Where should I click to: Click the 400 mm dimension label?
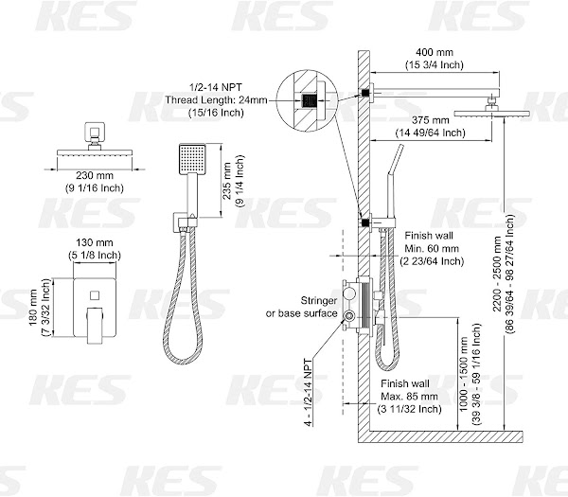[435, 52]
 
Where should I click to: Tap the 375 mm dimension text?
[431, 120]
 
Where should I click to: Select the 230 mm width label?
[95, 176]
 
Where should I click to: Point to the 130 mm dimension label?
[95, 242]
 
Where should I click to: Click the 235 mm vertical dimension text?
[227, 181]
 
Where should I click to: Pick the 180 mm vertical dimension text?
[33, 308]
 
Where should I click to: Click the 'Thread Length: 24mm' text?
[216, 100]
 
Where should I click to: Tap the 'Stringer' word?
[319, 301]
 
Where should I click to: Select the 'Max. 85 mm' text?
[409, 397]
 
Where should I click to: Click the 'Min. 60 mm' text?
[432, 248]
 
